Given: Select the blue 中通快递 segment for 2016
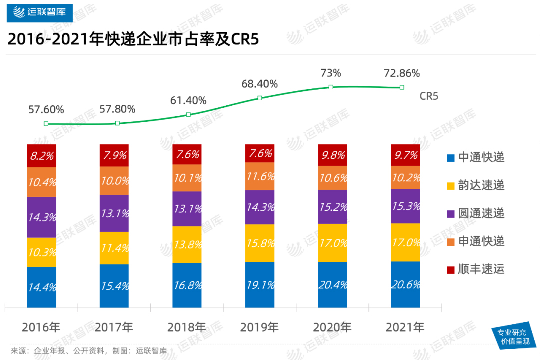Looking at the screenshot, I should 42,287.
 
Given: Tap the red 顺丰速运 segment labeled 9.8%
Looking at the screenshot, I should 332,155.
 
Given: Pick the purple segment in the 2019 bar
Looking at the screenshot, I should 260,207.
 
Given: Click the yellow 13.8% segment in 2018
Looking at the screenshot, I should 187,244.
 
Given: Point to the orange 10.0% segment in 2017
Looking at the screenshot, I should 114,180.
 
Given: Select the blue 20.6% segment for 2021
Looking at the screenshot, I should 405,284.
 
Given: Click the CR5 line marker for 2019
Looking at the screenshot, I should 260,98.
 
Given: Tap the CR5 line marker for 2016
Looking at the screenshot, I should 46,124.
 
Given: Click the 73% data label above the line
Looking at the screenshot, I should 330,73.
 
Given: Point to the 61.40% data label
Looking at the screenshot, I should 188,100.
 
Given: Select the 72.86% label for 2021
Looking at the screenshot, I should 401,73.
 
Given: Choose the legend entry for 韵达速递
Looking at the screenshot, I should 475,186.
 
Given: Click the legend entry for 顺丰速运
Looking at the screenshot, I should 475,270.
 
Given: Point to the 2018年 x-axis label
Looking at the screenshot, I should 187,328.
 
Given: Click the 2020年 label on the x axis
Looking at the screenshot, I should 332,328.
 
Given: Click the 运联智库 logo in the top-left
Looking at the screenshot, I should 40,11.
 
